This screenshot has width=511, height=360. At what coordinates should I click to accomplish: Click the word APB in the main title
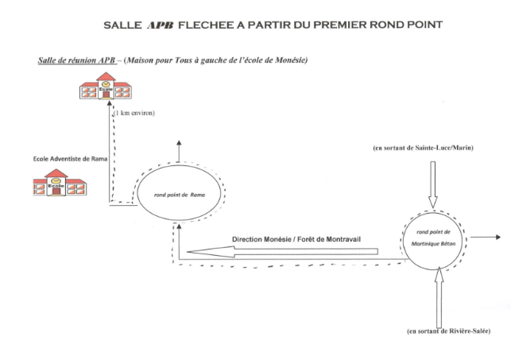(160, 25)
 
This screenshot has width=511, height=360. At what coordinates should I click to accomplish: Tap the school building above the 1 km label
(106, 86)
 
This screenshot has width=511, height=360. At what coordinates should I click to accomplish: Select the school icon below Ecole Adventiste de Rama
(60, 183)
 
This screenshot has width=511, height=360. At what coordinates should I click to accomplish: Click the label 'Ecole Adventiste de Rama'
(70, 159)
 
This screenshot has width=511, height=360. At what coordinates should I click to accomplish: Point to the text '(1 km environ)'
(134, 113)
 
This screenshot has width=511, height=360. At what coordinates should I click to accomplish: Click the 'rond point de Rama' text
(180, 195)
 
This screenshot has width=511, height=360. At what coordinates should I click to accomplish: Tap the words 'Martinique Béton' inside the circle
(433, 244)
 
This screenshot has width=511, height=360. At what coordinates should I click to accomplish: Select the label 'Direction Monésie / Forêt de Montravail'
(296, 239)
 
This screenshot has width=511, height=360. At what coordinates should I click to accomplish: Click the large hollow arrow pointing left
(283, 251)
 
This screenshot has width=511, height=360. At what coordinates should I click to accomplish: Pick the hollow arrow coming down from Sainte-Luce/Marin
(433, 184)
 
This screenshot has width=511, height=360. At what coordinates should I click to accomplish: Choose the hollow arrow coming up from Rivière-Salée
(439, 297)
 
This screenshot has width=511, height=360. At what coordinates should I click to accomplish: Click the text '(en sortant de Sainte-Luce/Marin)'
(423, 148)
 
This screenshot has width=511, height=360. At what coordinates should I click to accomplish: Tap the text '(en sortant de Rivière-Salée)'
(448, 331)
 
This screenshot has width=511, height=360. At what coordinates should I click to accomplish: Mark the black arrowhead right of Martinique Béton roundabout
(498, 237)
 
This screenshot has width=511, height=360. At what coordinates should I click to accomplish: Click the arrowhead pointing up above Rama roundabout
(179, 143)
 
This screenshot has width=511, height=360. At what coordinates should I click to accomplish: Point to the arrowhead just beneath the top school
(110, 103)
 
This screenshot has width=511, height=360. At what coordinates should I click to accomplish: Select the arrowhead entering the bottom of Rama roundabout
(178, 226)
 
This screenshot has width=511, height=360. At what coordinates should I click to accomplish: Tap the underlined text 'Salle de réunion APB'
(77, 60)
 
